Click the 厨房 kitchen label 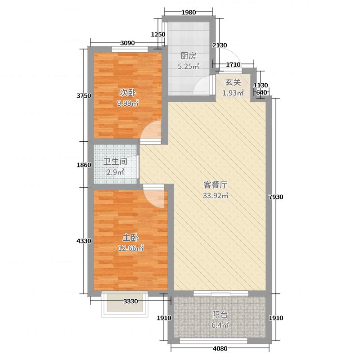tap(188, 56)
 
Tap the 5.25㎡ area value tap(188, 66)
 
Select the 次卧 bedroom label tap(127, 93)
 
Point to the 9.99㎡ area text tap(128, 103)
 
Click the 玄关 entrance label tap(233, 82)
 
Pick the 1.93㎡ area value tap(233, 93)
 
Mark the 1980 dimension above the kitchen tap(189, 13)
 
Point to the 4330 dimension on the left tap(84, 241)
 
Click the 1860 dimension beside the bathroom tap(84, 165)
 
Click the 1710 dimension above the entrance tap(233, 65)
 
